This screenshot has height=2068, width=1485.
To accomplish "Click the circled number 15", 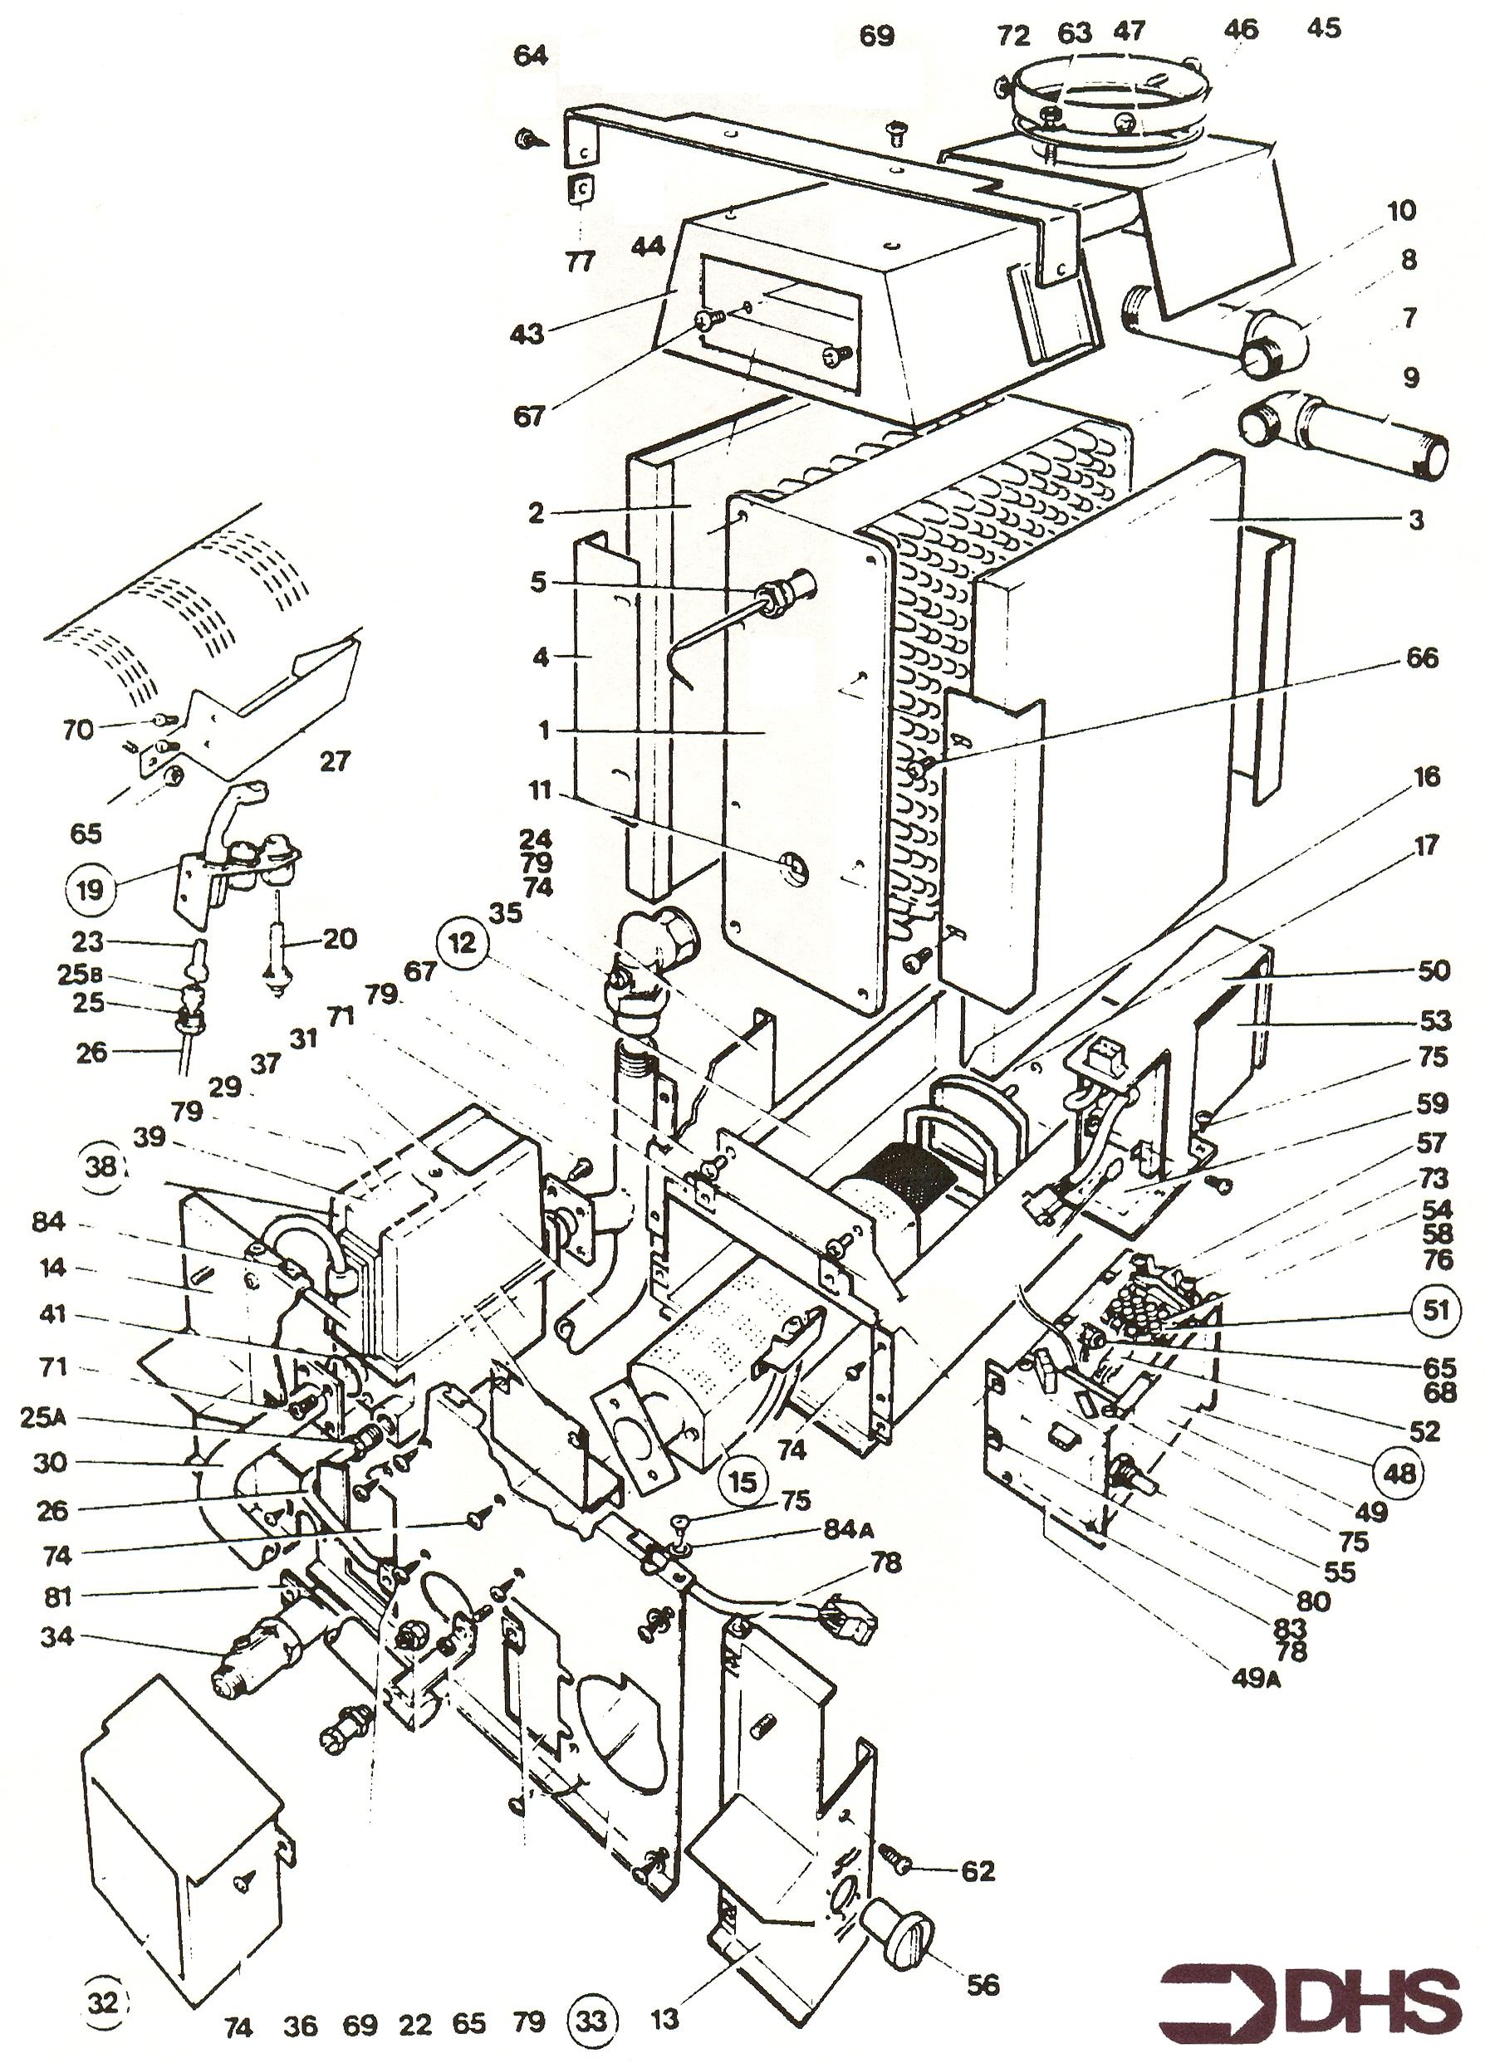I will click(743, 1482).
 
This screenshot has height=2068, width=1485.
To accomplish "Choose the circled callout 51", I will click(1437, 1310).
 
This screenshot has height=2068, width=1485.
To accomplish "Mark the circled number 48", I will click(1400, 1471).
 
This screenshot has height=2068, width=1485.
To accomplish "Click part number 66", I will click(1422, 658).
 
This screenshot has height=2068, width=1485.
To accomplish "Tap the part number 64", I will click(531, 56).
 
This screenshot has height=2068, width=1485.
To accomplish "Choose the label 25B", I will click(72, 975).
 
